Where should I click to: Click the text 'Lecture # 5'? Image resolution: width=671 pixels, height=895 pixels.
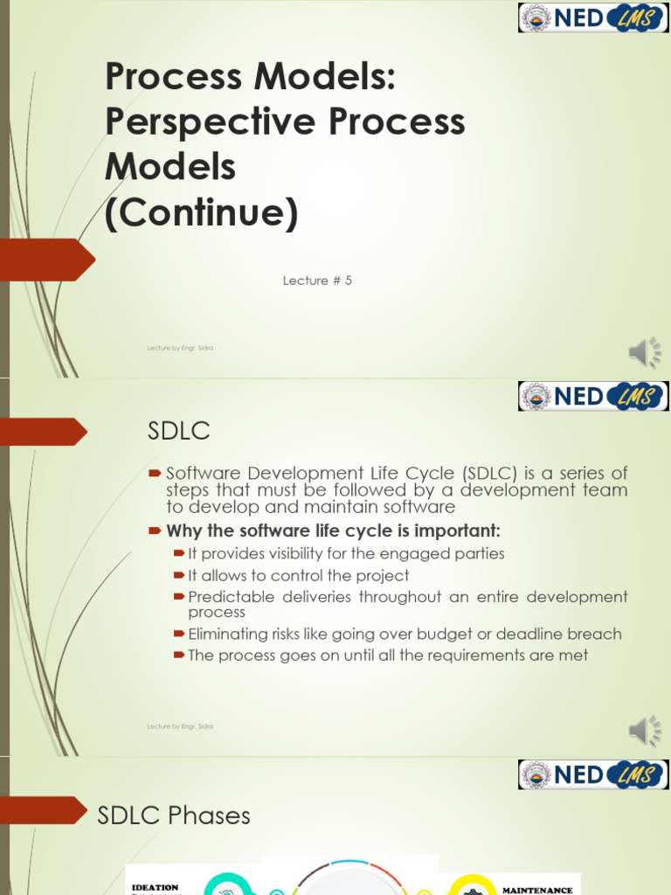click(317, 281)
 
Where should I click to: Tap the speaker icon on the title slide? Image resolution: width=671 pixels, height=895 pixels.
click(645, 352)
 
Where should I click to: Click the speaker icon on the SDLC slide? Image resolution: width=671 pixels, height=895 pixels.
click(645, 730)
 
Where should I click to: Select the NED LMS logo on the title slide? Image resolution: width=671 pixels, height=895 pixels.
click(593, 17)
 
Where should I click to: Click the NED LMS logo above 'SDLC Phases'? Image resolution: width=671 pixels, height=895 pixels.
click(593, 774)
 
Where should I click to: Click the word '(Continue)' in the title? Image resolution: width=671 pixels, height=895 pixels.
click(201, 212)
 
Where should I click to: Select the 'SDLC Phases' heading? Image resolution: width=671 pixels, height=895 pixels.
click(174, 815)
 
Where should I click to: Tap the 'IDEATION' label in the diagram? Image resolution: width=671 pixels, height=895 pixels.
click(155, 886)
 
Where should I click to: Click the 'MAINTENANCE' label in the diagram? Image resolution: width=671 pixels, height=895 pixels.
click(537, 890)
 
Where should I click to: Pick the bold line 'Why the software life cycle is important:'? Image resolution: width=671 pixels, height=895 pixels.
click(333, 531)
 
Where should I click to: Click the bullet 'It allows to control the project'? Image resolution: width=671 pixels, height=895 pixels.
click(298, 575)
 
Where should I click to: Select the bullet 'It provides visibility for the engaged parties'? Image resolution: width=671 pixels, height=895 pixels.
click(346, 553)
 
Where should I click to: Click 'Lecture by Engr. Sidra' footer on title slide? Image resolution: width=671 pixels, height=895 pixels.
click(180, 348)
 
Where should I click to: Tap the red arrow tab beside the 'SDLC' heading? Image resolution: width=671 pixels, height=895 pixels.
click(44, 431)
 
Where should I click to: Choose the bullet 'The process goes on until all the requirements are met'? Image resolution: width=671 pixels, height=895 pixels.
click(388, 655)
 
